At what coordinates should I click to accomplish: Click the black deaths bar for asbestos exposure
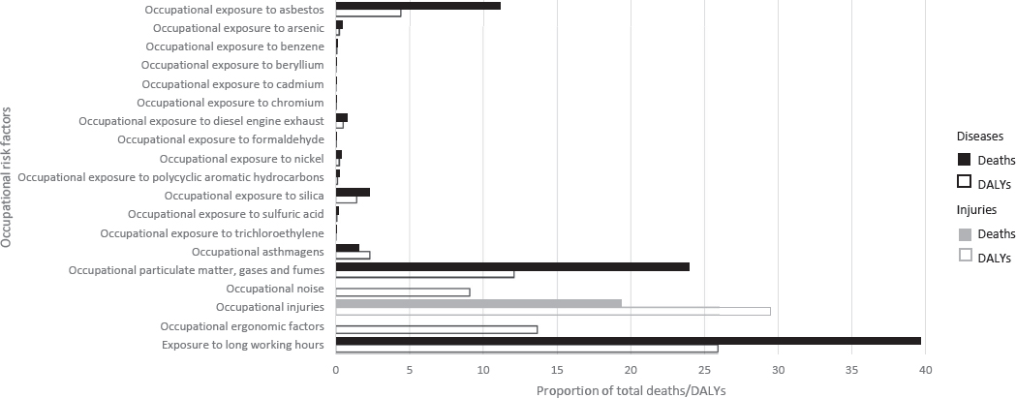point(417,6)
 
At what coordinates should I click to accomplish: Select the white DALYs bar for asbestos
point(368,14)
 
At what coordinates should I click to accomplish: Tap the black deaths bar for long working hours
point(628,341)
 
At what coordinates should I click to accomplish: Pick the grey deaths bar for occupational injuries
point(478,303)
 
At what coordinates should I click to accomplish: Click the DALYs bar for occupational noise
point(403,291)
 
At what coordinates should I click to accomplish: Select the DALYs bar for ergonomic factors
point(436,329)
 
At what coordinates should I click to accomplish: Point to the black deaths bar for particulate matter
point(512,266)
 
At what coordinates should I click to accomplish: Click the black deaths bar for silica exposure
point(353,192)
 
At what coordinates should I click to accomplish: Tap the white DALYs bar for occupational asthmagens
point(353,256)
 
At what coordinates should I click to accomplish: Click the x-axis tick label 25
point(704,370)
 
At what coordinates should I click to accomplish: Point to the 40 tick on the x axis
point(925,370)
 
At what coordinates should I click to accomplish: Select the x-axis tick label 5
point(410,370)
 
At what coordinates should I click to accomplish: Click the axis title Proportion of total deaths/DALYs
point(631,389)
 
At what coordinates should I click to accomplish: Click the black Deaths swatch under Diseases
point(964,160)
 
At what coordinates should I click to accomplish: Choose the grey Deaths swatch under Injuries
point(964,233)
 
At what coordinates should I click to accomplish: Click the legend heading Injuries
point(976,209)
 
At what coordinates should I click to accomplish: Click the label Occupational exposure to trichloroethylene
point(212,232)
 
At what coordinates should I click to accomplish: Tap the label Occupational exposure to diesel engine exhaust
point(200,121)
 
